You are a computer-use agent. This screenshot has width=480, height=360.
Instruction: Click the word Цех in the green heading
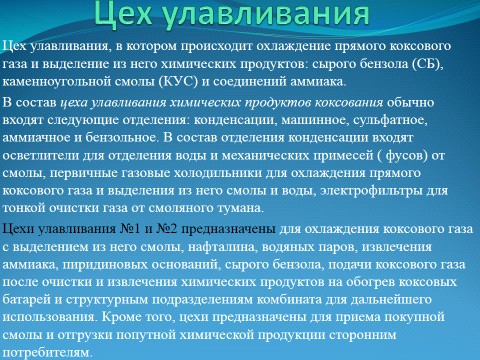[124, 13]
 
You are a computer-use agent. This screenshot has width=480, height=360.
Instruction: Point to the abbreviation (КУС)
[179, 81]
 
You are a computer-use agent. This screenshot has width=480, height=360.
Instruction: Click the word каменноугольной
[57, 82]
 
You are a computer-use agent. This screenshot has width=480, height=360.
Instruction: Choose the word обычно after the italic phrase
[410, 103]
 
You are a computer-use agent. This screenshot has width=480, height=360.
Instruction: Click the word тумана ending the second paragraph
[240, 208]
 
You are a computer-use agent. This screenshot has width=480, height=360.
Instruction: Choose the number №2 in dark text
[167, 229]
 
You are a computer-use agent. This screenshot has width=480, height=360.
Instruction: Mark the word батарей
[27, 300]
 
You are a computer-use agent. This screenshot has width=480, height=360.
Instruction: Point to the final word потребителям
[47, 353]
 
